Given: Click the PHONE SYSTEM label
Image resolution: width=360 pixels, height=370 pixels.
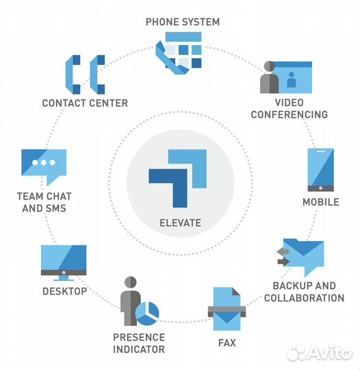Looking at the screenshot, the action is pos(183,22).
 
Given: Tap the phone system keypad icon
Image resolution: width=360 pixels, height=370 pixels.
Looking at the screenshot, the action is pos(179,53).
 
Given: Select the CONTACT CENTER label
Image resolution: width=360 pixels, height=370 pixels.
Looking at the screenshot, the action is pos(85,103).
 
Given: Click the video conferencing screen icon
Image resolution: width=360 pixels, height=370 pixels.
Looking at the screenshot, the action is pos(286,77).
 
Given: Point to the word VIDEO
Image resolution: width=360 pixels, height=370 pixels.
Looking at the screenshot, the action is pos(290,103).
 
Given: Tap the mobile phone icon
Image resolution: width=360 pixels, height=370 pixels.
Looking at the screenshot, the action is pos(320,170).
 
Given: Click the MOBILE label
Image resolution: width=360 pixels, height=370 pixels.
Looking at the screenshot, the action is pos(321,202).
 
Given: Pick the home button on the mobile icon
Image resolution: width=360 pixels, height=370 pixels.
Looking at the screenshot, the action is pos(320,188).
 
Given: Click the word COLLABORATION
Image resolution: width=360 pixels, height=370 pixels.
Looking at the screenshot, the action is pos(305,298).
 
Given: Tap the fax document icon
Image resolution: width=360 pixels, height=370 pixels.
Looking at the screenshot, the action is pos(227,309).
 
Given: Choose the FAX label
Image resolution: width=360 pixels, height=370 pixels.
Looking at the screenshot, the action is pos(227,343).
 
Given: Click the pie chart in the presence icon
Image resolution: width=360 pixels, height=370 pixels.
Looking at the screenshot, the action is pos(147,314).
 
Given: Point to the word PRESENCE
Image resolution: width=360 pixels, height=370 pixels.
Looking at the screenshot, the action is pos(139,337).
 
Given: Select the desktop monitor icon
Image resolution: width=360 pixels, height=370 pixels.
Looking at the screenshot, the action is pos(64,263).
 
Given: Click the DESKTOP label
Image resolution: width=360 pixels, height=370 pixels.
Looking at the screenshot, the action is pos(65,291).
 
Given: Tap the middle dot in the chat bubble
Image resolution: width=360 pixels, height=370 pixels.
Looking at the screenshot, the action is pos(44,162).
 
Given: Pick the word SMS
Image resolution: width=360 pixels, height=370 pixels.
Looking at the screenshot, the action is pos(55,208).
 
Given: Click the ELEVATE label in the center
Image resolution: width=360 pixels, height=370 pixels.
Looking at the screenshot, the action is pos(181,223).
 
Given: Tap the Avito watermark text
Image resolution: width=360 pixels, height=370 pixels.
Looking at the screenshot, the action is pos(330,353).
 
